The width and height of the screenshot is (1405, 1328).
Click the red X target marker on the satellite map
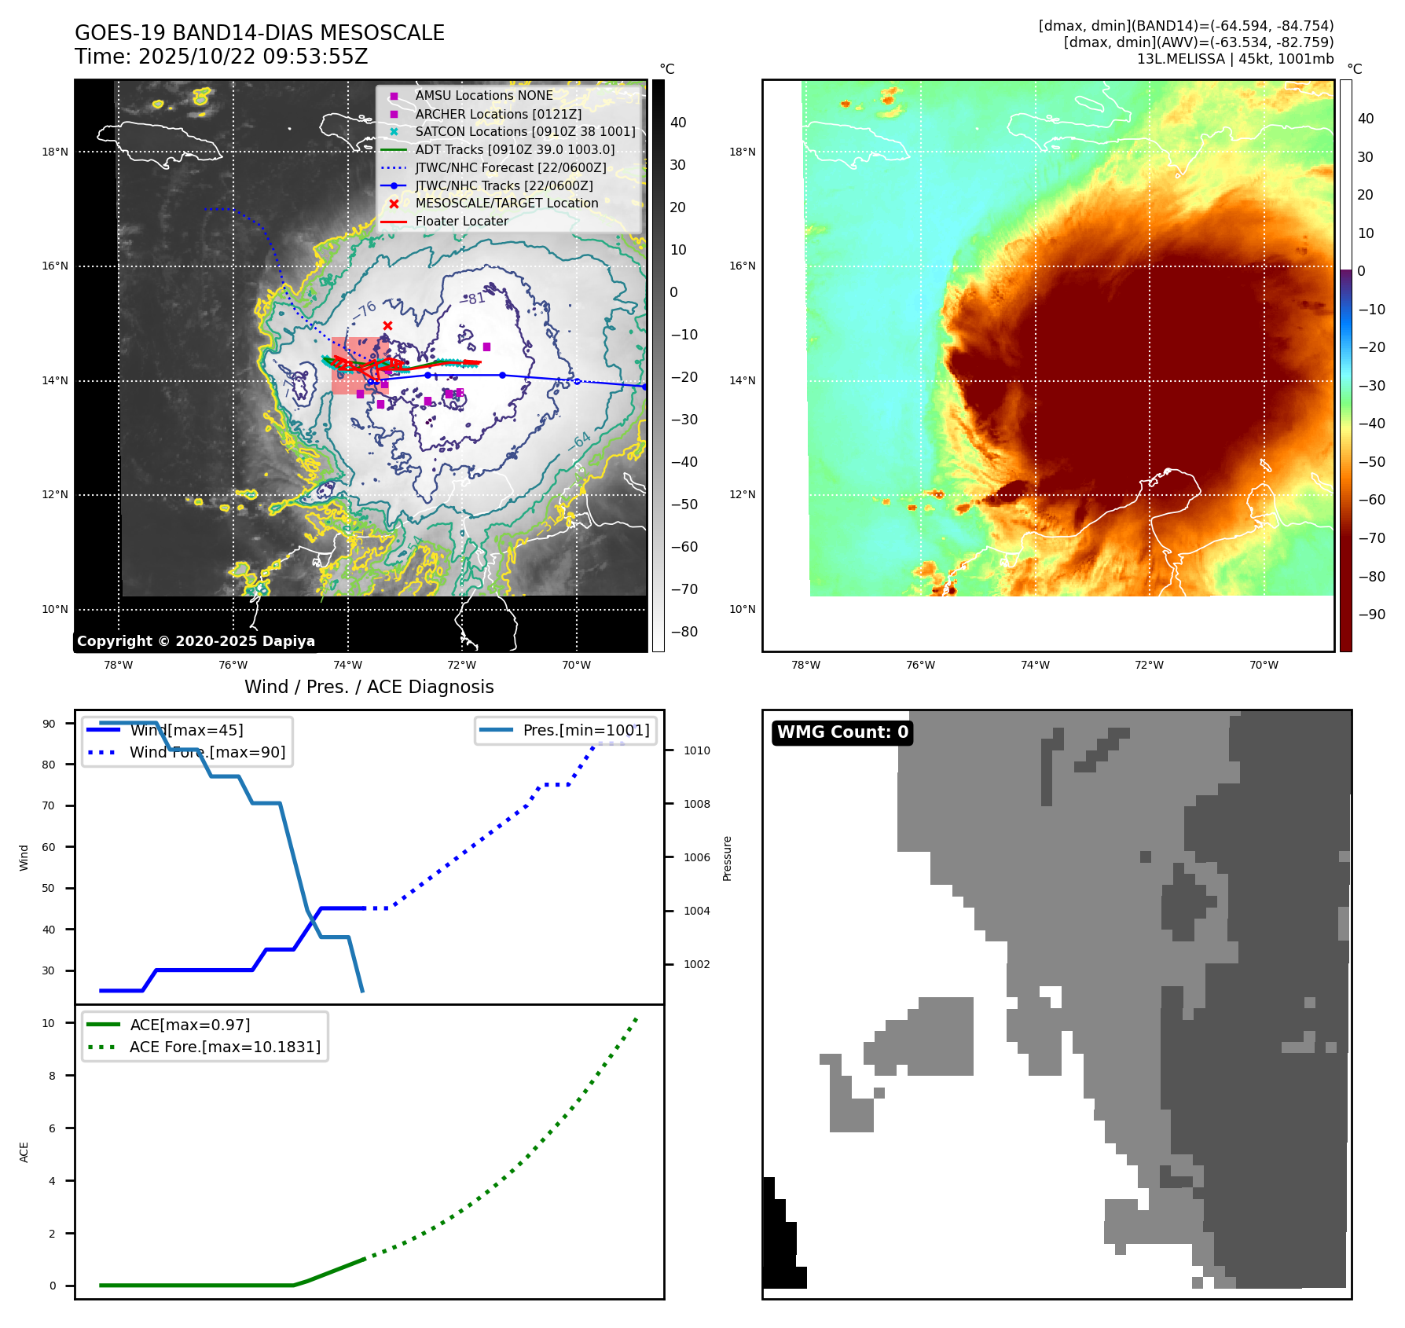click(x=387, y=325)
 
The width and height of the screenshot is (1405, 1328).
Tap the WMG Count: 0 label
click(x=842, y=732)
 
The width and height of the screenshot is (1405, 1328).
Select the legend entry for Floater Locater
click(x=461, y=222)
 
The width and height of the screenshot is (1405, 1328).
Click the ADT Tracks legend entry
click(x=515, y=149)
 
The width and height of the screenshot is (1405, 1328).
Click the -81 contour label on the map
click(x=472, y=299)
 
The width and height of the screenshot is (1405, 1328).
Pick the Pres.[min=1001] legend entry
click(x=585, y=730)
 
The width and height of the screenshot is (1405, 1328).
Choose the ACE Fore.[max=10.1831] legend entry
click(x=225, y=1047)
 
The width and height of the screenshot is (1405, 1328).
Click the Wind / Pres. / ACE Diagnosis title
click(x=369, y=687)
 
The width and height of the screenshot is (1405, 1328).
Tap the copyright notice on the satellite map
click(x=196, y=641)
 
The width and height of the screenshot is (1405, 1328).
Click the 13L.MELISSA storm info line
click(x=1234, y=59)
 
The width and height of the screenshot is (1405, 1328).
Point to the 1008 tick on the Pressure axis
click(x=696, y=804)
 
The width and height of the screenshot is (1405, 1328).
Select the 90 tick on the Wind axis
click(x=49, y=724)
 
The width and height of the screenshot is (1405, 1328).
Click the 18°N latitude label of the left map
click(x=55, y=152)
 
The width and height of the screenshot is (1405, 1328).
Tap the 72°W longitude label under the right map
click(x=1149, y=665)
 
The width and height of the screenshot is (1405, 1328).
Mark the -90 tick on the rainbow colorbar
click(x=1371, y=614)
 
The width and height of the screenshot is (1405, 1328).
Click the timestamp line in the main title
click(x=222, y=57)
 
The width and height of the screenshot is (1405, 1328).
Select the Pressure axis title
click(x=727, y=858)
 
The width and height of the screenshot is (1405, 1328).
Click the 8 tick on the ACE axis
click(x=53, y=1076)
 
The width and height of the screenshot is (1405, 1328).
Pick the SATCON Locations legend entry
click(x=525, y=131)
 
